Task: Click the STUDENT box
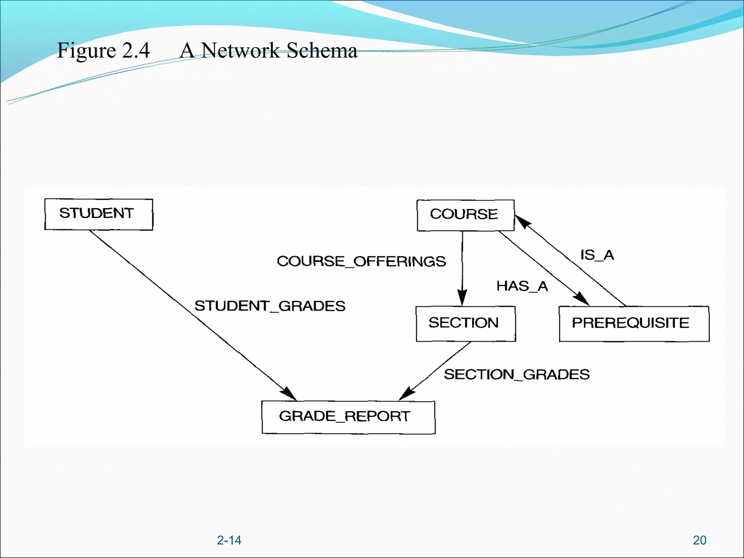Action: click(x=98, y=214)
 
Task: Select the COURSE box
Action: click(x=465, y=215)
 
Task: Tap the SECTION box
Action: click(x=465, y=324)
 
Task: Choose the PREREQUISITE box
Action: click(x=634, y=324)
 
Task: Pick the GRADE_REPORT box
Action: click(x=348, y=417)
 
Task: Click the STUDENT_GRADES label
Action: click(x=270, y=306)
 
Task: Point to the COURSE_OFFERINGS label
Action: click(x=361, y=261)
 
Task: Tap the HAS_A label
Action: click(x=522, y=286)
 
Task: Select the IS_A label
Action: click(x=597, y=255)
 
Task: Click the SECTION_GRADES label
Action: click(x=517, y=375)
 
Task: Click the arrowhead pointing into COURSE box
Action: click(x=522, y=221)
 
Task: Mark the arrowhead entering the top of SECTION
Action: click(x=462, y=298)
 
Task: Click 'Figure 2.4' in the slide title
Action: click(x=103, y=50)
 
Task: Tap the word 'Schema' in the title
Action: click(x=322, y=50)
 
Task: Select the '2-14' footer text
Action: click(x=229, y=540)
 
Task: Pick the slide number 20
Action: click(x=699, y=540)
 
